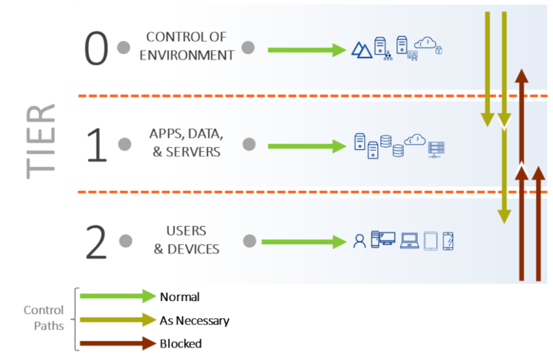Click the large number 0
pyautogui.click(x=96, y=49)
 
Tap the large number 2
pyautogui.click(x=96, y=242)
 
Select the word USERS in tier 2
pyautogui.click(x=186, y=231)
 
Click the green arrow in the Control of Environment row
pyautogui.click(x=307, y=50)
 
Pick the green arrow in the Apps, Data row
pyautogui.click(x=307, y=146)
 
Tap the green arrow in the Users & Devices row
pyautogui.click(x=303, y=241)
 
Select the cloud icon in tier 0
pyautogui.click(x=426, y=42)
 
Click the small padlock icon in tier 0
pyautogui.click(x=439, y=50)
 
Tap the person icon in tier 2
pyautogui.click(x=359, y=241)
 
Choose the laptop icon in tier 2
pyautogui.click(x=410, y=240)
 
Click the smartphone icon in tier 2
pyautogui.click(x=448, y=241)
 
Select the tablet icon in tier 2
pyautogui.click(x=431, y=240)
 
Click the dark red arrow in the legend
pyautogui.click(x=118, y=344)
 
